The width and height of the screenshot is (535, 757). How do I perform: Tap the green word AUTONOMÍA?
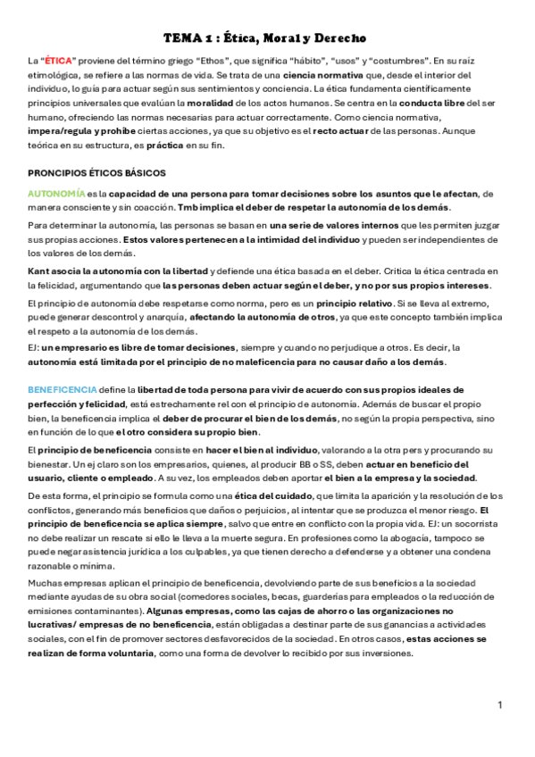pos(56,194)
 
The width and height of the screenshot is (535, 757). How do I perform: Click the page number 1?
pos(501,705)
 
